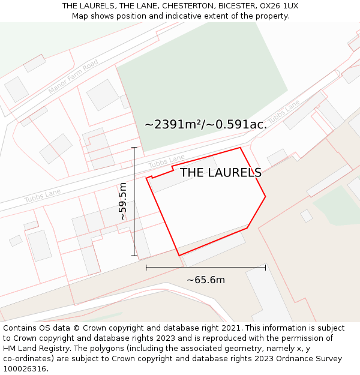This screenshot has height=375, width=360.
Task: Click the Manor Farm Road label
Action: pyautogui.click(x=73, y=77)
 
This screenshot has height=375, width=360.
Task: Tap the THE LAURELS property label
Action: pyautogui.click(x=221, y=173)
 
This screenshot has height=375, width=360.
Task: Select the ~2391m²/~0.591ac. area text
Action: pyautogui.click(x=206, y=125)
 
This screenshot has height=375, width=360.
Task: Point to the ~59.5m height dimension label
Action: pyautogui.click(x=122, y=202)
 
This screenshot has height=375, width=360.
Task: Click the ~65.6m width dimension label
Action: pyautogui.click(x=206, y=280)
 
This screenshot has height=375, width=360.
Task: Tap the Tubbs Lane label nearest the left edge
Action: pyautogui.click(x=43, y=196)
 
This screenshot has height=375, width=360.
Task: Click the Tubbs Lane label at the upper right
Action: pyautogui.click(x=283, y=112)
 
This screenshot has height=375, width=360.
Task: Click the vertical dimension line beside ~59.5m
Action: pyautogui.click(x=134, y=202)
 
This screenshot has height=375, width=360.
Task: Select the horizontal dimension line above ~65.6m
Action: pyautogui.click(x=206, y=268)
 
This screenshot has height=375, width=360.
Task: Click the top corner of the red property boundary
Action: pyautogui.click(x=241, y=148)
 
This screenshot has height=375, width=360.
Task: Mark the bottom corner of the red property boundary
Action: pyautogui.click(x=179, y=256)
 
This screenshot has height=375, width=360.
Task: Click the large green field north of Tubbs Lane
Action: pyautogui.click(x=198, y=84)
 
